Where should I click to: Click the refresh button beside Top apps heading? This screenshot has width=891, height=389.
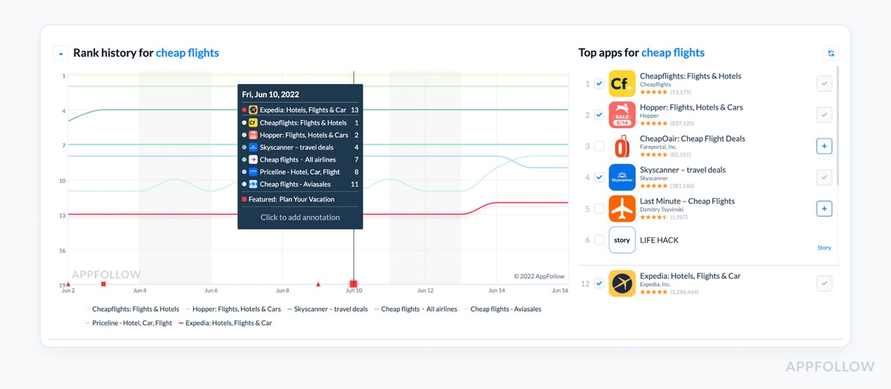pos(830,53)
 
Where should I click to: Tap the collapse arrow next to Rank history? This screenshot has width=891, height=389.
pos(60,53)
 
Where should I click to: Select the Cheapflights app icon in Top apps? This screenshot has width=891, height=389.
pos(622,84)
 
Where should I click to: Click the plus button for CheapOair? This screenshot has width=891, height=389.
pos(824,146)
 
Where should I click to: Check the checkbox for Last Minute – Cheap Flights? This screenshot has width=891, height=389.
pos(599,208)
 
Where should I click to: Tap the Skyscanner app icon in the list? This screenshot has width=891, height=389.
pos(622,177)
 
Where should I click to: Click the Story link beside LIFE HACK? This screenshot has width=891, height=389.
pos(824,248)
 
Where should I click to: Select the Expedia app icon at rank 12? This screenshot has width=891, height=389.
pos(622,283)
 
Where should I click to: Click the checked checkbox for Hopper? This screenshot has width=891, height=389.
pos(599,115)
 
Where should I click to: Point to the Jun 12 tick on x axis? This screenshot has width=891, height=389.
pos(425,290)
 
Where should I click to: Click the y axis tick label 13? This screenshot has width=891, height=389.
pos(62,215)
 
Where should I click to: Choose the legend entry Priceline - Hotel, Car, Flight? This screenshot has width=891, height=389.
pos(132,323)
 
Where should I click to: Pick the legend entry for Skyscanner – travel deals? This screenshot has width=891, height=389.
pos(330,309)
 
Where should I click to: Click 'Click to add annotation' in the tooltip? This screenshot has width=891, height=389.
pos(300,217)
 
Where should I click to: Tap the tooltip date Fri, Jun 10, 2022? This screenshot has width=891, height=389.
pos(270,94)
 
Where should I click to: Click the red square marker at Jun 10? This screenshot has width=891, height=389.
pos(353,283)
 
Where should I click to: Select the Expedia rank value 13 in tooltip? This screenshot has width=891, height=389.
pos(354,110)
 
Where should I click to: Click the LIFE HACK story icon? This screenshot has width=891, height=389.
pos(622,240)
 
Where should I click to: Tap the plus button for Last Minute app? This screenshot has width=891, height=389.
pos(824,208)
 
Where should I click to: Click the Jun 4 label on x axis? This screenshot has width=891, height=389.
pos(139,290)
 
